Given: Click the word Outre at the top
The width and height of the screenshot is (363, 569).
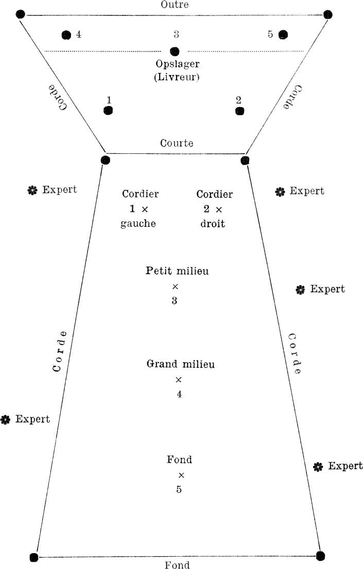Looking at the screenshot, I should [x=175, y=5].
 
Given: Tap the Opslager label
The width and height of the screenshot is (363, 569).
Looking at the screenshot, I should [x=177, y=64].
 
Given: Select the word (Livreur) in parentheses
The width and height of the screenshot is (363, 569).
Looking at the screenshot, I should [x=177, y=77].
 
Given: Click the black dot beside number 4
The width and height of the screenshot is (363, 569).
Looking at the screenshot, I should [x=66, y=35].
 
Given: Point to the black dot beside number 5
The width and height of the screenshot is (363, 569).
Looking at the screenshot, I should [x=283, y=34].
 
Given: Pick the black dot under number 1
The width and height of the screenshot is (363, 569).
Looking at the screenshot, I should [x=109, y=110].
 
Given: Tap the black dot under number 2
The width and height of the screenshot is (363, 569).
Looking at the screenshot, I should [x=239, y=111].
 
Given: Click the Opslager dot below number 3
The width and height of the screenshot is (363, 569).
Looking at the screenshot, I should [x=175, y=51].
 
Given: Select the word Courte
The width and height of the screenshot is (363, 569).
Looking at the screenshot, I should [x=177, y=144].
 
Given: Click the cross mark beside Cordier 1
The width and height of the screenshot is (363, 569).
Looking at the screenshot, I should [x=145, y=209].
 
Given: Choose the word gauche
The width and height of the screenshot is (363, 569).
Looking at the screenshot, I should [x=138, y=224].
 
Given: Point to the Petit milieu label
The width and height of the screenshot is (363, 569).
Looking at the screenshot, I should [x=177, y=271].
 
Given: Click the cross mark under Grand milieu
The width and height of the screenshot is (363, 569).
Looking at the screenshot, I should [x=179, y=380].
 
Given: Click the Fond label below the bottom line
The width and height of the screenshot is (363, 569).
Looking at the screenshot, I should [x=177, y=565].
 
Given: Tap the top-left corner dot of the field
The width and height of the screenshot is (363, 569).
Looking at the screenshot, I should [x=21, y=14].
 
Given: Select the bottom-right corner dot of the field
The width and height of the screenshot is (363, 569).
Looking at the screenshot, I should [x=320, y=556].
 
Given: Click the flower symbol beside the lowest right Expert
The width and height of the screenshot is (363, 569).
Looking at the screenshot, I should [x=318, y=467].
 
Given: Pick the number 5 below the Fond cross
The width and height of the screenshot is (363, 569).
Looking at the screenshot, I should [x=179, y=489].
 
